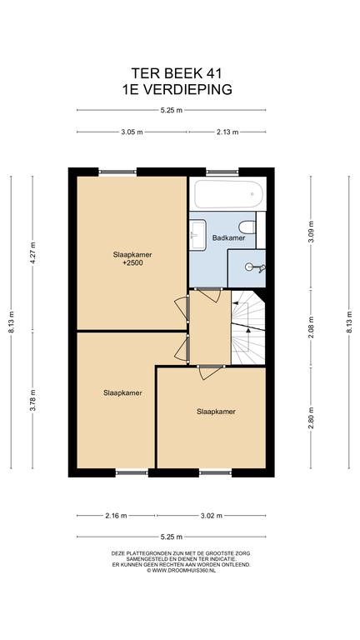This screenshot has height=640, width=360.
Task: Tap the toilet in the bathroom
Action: pyautogui.click(x=248, y=227)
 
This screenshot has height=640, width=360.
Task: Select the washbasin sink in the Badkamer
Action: pyautogui.click(x=197, y=234)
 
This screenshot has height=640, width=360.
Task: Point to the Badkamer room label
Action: pyautogui.click(x=222, y=237)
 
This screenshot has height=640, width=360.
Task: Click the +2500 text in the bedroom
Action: pyautogui.click(x=132, y=263)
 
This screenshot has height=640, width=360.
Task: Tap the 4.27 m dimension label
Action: pyautogui.click(x=32, y=252)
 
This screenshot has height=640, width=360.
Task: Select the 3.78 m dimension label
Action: pyautogui.click(x=32, y=400)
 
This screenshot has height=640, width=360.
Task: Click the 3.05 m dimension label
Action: pyautogui.click(x=132, y=132)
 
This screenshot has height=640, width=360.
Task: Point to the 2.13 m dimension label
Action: pyautogui.click(x=227, y=132)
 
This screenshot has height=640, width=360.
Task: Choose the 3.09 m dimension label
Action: pyautogui.click(x=311, y=232)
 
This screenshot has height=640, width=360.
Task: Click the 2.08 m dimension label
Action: pyautogui.click(x=311, y=327)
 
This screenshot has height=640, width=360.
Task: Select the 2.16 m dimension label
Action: pyautogui.click(x=116, y=516)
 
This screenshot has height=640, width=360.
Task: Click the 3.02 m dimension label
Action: pyautogui.click(x=211, y=516)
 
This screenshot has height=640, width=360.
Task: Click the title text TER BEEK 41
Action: pyautogui.click(x=177, y=73)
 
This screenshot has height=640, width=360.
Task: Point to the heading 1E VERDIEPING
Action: pyautogui.click(x=177, y=89)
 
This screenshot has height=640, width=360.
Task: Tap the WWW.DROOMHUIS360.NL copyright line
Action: pyautogui.click(x=181, y=570)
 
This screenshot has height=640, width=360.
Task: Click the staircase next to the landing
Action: pyautogui.click(x=248, y=327)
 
